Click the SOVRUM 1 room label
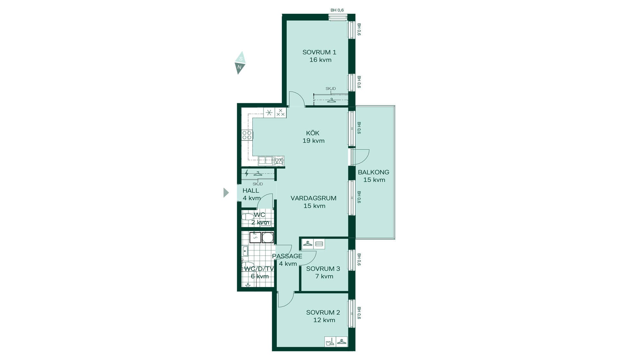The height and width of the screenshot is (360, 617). [319, 52]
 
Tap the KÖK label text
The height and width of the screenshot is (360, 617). [313, 133]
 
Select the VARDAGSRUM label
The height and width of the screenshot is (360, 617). [313, 198]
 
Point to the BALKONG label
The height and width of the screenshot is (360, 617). [373, 172]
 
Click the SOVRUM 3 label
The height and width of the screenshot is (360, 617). [323, 269]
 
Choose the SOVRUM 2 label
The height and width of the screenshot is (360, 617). [323, 312]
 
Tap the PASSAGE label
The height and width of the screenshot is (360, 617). [287, 256]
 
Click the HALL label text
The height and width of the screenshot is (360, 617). [251, 191]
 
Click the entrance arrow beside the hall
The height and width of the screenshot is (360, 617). [226, 193]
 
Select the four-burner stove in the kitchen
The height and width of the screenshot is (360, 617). [247, 135]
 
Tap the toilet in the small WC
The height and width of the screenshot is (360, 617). [247, 217]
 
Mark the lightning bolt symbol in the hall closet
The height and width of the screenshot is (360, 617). [246, 174]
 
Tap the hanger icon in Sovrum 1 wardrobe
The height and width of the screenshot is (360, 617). [331, 101]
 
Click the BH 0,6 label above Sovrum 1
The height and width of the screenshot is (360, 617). [337, 10]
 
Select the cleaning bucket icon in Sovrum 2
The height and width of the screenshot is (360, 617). [330, 342]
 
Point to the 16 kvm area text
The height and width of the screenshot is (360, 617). [320, 60]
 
